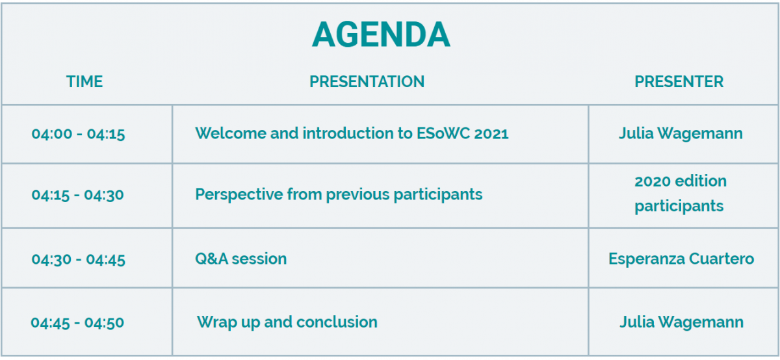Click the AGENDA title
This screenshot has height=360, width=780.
[381, 34]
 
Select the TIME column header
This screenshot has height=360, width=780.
[84, 81]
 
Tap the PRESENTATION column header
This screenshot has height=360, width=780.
[367, 81]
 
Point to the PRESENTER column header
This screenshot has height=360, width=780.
[679, 81]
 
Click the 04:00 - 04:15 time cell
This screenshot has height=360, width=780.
[79, 134]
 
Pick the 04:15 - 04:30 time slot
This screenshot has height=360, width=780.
[77, 195]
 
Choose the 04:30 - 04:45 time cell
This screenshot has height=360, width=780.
[79, 259]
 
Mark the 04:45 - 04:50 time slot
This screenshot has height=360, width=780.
[77, 322]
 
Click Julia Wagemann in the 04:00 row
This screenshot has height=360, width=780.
[681, 134]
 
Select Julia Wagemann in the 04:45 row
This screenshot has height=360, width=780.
[681, 322]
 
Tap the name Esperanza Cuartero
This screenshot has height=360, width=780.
[681, 259]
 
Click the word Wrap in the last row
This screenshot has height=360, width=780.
[216, 323]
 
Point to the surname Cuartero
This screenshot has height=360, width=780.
[721, 259]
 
